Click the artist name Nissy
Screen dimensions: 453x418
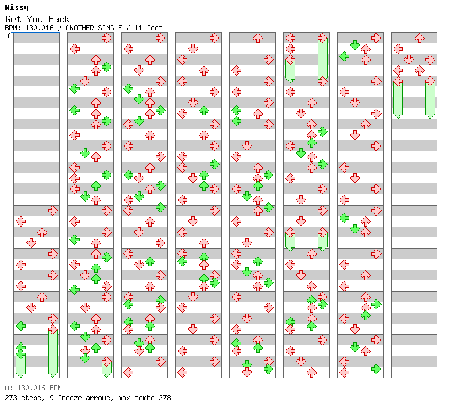[x=17, y=8]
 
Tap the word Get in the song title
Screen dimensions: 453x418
[x=13, y=19]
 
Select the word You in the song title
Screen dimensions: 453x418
[x=34, y=19]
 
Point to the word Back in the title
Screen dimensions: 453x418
[x=59, y=19]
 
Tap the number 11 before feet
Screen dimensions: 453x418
[x=138, y=28]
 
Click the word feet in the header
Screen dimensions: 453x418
[x=154, y=28]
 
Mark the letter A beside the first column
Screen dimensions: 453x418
[x=10, y=36]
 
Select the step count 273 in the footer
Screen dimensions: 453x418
[x=11, y=398]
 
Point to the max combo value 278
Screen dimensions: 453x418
[x=164, y=398]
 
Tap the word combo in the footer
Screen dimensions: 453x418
[x=144, y=398]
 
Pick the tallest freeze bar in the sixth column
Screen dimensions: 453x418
[x=322, y=58]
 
